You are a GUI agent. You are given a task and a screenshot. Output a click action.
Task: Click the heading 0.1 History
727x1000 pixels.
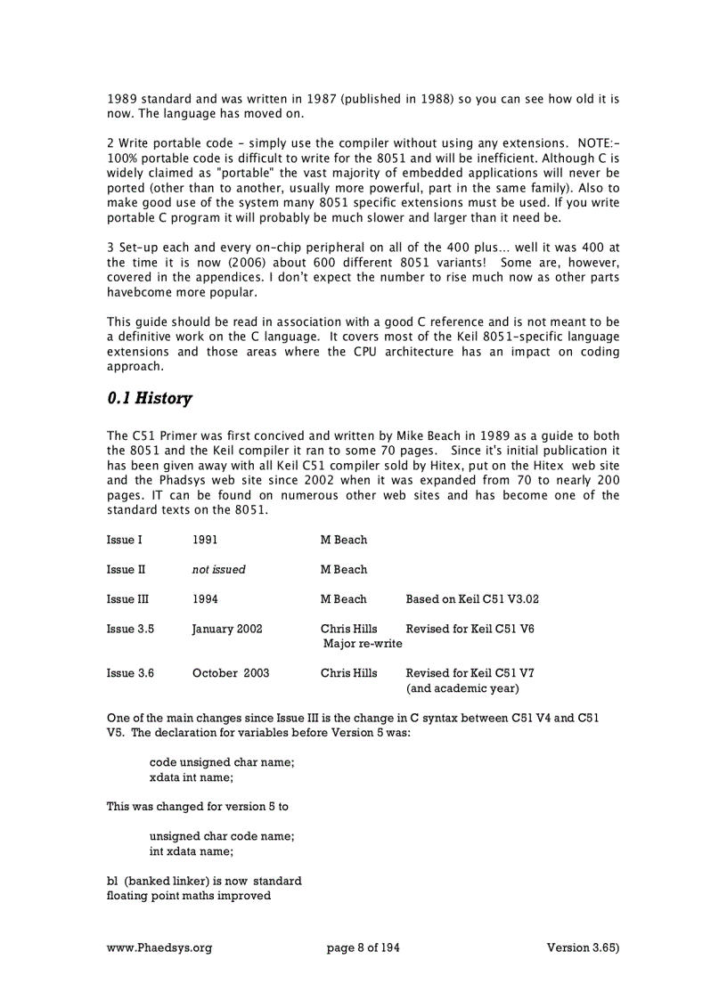pyautogui.click(x=149, y=399)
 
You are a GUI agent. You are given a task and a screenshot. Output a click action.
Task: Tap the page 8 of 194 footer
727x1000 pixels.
pyautogui.click(x=363, y=948)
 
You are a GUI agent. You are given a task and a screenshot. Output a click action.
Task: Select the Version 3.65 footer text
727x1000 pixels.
pyautogui.click(x=583, y=948)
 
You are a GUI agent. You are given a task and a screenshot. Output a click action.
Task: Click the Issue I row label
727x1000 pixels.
pyautogui.click(x=124, y=540)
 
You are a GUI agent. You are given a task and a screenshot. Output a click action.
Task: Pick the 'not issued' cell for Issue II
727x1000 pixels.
pyautogui.click(x=218, y=569)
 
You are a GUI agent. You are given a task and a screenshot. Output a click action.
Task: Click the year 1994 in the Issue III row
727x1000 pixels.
pyautogui.click(x=205, y=599)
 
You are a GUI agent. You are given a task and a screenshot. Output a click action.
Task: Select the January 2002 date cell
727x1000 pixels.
pyautogui.click(x=227, y=629)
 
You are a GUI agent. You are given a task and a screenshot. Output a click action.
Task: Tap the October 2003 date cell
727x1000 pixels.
pyautogui.click(x=231, y=673)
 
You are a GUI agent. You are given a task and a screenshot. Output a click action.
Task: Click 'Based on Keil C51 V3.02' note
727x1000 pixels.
pyautogui.click(x=472, y=599)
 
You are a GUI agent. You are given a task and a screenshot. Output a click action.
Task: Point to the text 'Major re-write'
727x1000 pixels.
pyautogui.click(x=363, y=644)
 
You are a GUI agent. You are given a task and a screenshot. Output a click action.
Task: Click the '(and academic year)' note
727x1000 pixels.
pyautogui.click(x=462, y=688)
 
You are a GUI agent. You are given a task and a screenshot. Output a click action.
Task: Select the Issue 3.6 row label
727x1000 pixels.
pyautogui.click(x=130, y=673)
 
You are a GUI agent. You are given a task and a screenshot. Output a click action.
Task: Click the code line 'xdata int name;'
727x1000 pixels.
pyautogui.click(x=192, y=777)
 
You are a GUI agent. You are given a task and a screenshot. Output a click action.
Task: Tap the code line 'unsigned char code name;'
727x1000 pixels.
pyautogui.click(x=222, y=836)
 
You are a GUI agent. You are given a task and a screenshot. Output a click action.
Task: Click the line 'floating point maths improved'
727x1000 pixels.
pyautogui.click(x=189, y=896)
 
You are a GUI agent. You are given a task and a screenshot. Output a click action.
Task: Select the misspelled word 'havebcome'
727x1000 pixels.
pyautogui.click(x=137, y=293)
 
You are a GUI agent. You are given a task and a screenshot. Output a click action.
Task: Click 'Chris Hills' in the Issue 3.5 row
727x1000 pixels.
pyautogui.click(x=348, y=629)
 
